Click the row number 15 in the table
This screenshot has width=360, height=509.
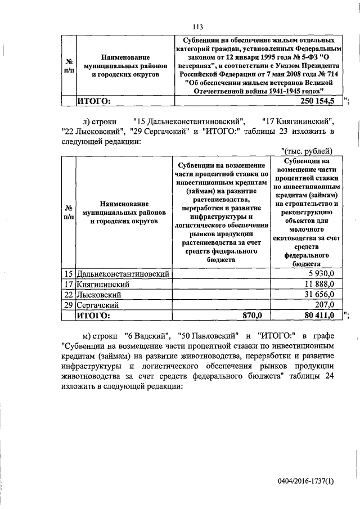pos(68,273)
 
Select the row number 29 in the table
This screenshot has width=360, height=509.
pos(68,304)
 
